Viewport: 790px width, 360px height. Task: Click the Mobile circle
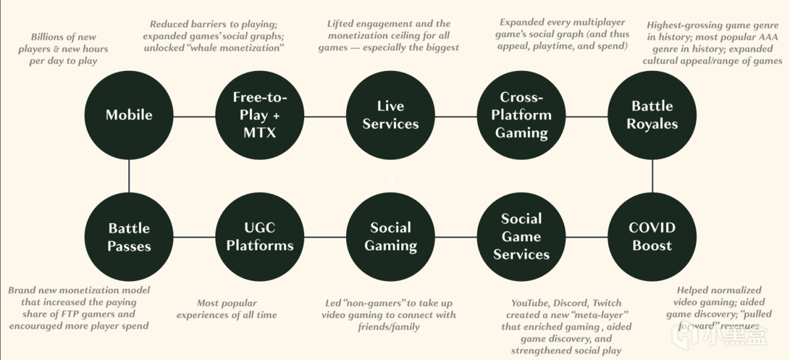point(129,115)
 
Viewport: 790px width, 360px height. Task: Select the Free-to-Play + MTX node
point(260,115)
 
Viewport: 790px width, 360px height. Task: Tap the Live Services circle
point(391,115)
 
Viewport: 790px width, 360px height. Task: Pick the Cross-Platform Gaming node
point(522,115)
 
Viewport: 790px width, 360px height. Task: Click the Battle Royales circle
point(652,115)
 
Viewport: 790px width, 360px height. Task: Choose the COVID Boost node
point(652,237)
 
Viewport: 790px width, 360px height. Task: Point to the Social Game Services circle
point(522,237)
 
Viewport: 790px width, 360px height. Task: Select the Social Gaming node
point(391,237)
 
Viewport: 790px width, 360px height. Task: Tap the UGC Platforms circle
point(260,237)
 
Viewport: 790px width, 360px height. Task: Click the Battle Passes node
point(129,237)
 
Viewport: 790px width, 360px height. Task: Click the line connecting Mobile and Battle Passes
point(129,175)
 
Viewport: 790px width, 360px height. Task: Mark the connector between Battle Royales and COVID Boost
point(652,175)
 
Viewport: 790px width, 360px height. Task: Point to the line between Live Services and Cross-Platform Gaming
point(456,116)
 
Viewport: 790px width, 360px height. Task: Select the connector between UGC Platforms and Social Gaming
point(325,237)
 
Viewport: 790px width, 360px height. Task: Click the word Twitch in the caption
point(607,303)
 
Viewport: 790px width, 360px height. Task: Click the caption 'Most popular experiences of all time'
point(226,309)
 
